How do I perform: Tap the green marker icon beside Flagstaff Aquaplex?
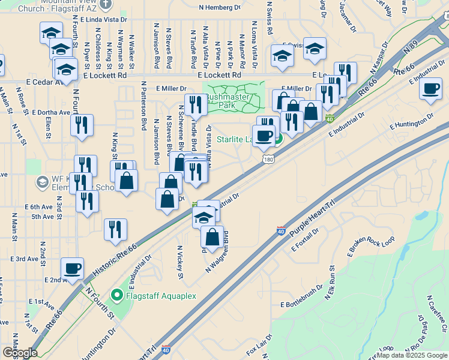click(118, 295)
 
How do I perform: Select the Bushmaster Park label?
click(234, 100)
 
